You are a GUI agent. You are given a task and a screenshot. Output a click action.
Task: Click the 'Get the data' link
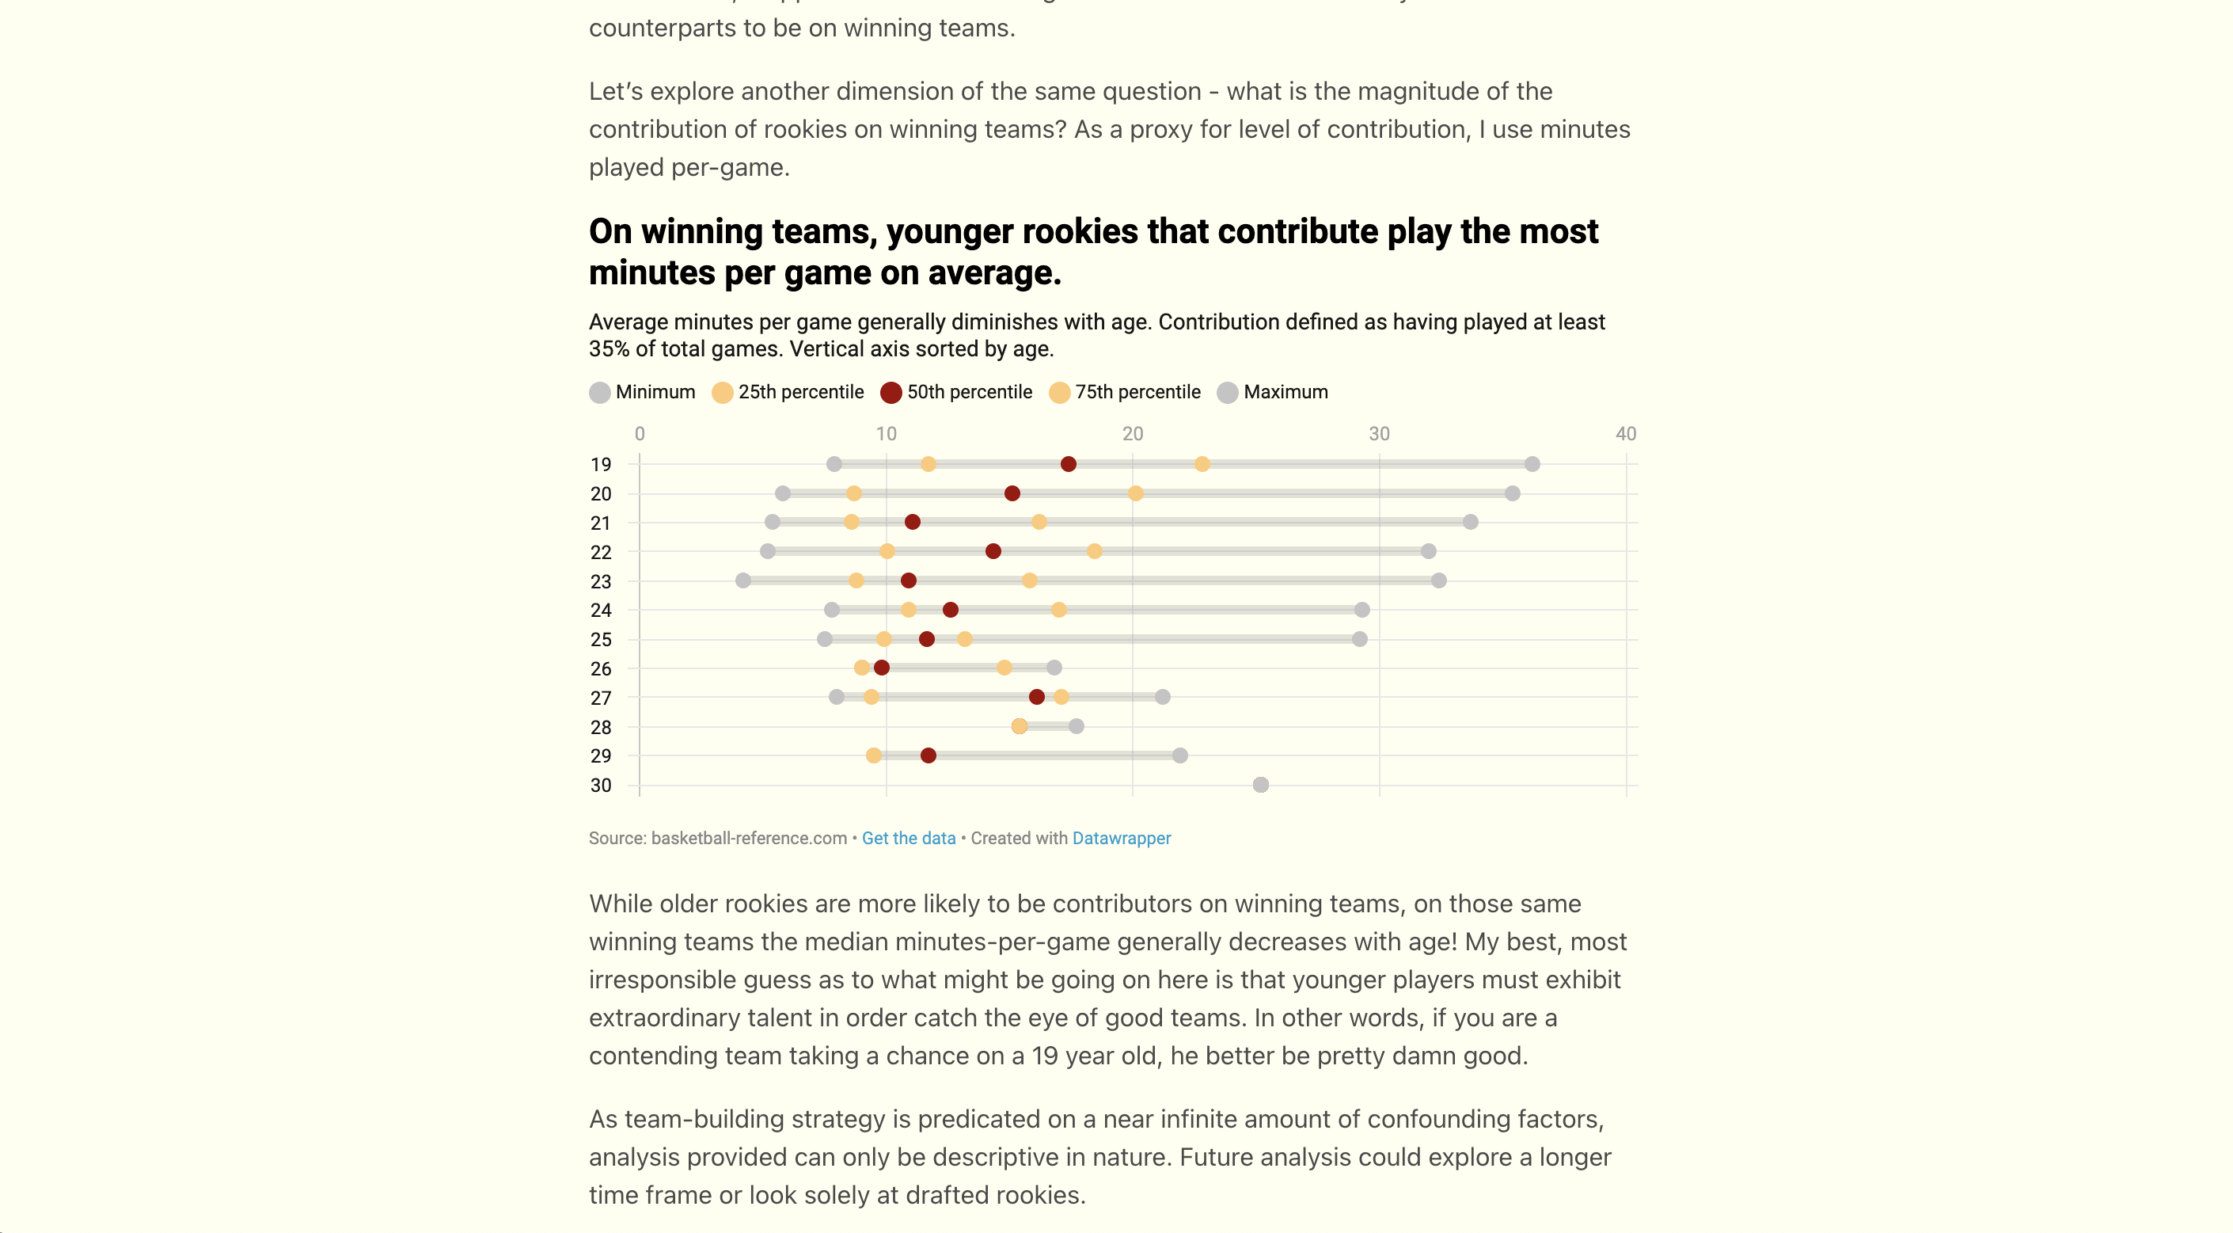[908, 839]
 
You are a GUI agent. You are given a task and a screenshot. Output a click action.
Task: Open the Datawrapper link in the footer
[1121, 839]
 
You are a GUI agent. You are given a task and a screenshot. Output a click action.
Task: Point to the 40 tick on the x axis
[1625, 433]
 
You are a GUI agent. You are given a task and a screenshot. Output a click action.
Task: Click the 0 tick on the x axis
[640, 433]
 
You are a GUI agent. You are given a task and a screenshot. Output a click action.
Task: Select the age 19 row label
[601, 465]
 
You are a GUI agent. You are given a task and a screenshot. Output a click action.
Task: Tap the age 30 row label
[601, 786]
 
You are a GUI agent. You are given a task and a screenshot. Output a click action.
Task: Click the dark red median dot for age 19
[1068, 464]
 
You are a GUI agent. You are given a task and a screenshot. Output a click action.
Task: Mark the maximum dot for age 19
[1532, 464]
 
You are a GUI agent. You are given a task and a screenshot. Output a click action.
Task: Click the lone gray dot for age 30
[1260, 785]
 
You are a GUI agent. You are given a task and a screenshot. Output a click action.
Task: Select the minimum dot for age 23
[743, 580]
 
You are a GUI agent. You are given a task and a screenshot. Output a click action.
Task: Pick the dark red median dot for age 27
[1037, 697]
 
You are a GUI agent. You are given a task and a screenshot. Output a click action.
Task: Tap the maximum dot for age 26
[1054, 668]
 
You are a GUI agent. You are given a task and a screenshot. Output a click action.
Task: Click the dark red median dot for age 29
[929, 755]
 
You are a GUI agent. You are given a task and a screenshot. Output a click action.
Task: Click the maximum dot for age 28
[1076, 725]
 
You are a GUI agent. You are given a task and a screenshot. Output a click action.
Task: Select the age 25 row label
[601, 640]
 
